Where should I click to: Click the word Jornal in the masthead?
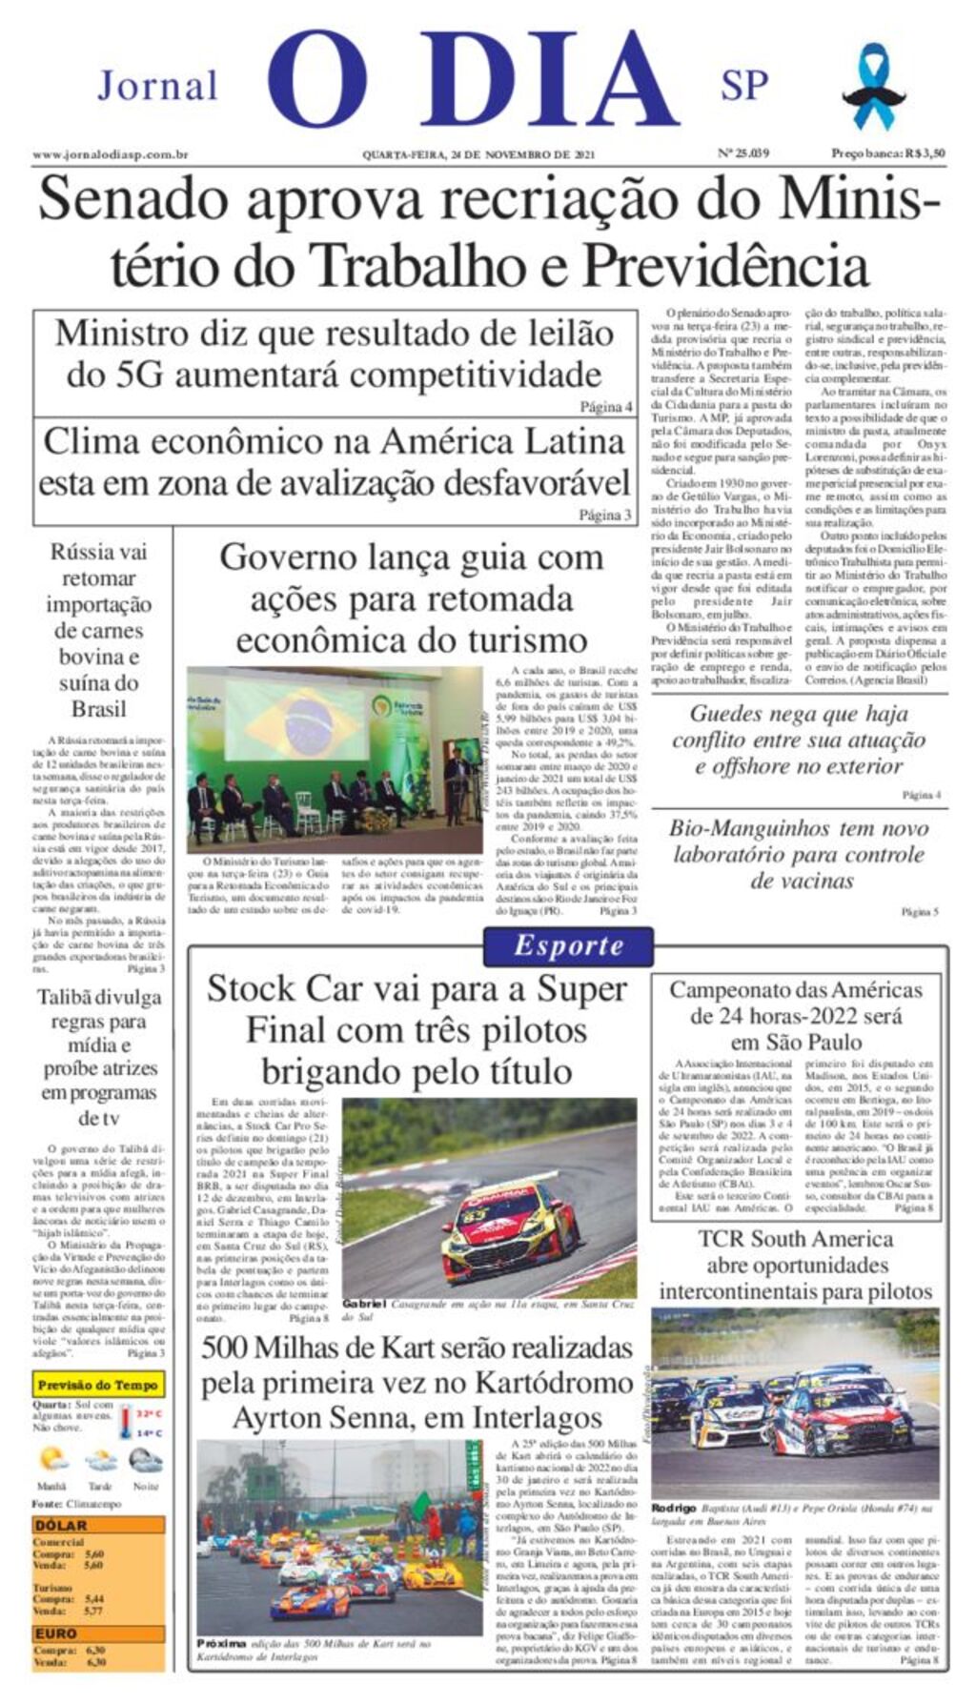(x=157, y=86)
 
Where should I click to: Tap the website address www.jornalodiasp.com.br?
(x=110, y=154)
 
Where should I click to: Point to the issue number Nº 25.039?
(x=742, y=152)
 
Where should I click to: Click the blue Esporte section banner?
(x=568, y=945)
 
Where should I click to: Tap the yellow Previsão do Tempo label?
(x=97, y=1385)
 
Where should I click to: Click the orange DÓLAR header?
(x=61, y=1525)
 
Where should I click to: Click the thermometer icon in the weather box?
(x=125, y=1424)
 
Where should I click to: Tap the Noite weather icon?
(x=146, y=1459)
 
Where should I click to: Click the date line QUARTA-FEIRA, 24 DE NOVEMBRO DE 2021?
(x=478, y=154)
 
